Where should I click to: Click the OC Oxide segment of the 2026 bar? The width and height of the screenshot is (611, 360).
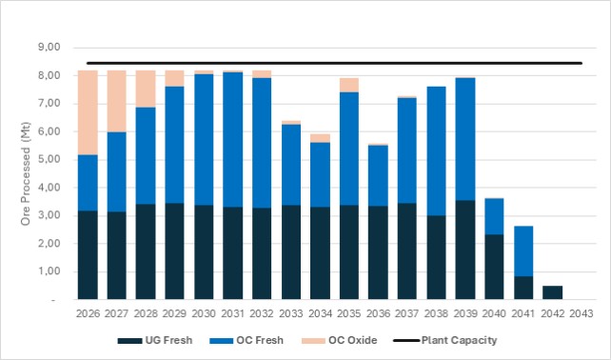tap(88, 112)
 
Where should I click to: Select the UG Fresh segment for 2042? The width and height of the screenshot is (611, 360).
tap(553, 292)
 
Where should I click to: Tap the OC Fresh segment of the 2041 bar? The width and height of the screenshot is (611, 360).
tap(523, 251)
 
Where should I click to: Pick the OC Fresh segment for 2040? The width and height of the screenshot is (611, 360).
tap(494, 216)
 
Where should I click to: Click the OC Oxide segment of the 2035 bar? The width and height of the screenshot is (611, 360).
tap(349, 85)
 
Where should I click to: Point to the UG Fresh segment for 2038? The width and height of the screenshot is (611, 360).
tap(437, 257)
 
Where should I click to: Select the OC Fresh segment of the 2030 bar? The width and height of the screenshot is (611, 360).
tap(204, 140)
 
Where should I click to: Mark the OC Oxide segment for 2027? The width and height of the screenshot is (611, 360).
tap(117, 101)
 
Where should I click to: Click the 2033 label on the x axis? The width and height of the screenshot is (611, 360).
tap(291, 313)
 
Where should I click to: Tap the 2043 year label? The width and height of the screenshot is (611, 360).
tap(581, 313)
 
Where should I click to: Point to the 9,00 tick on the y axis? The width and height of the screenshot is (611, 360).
tap(49, 48)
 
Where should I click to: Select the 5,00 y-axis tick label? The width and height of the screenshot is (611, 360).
tap(49, 159)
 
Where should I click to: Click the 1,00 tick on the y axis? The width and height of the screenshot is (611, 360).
tap(49, 271)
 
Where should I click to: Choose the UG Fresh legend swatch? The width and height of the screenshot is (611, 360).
tap(129, 341)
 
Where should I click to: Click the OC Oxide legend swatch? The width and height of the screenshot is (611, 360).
tap(313, 341)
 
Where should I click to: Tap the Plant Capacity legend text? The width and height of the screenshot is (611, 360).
tap(459, 340)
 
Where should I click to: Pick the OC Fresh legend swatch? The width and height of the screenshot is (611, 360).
tap(222, 341)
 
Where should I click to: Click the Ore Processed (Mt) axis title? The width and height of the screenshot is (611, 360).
tap(26, 173)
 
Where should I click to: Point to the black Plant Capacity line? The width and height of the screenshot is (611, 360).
tap(334, 63)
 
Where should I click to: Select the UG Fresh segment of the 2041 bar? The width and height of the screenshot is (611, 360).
tap(523, 288)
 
